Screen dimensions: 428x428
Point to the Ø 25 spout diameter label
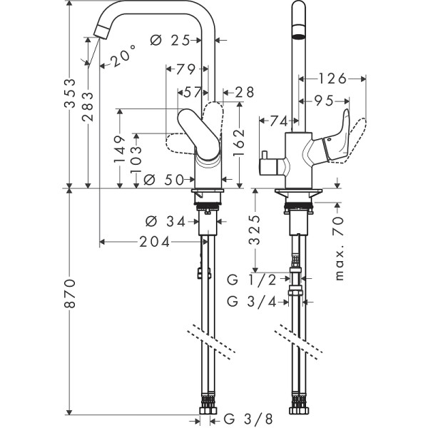(173, 41)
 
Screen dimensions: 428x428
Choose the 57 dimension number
(193, 91)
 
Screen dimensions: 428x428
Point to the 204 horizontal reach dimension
(155, 242)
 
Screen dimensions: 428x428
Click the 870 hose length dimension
(69, 302)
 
